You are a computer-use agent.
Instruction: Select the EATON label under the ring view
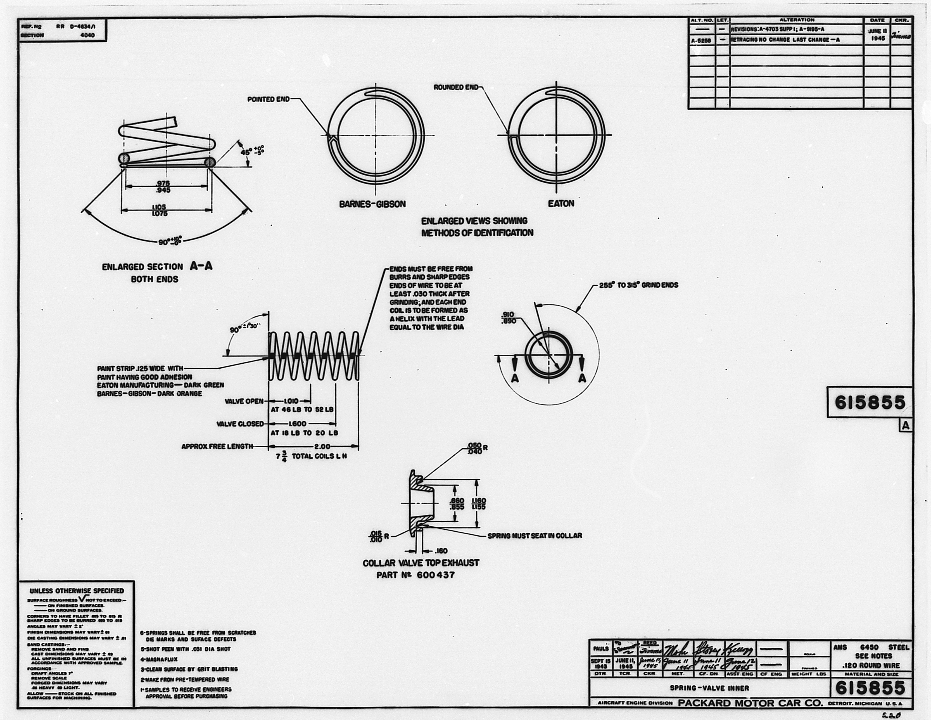(x=561, y=203)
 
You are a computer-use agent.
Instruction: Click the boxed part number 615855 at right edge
(x=870, y=402)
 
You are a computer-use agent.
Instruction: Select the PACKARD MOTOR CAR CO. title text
(x=750, y=703)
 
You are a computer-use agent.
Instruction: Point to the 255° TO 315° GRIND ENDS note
(x=638, y=285)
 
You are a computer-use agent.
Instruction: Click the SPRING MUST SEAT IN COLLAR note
(x=535, y=535)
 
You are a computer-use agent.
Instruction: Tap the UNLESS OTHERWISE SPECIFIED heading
(x=77, y=591)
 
